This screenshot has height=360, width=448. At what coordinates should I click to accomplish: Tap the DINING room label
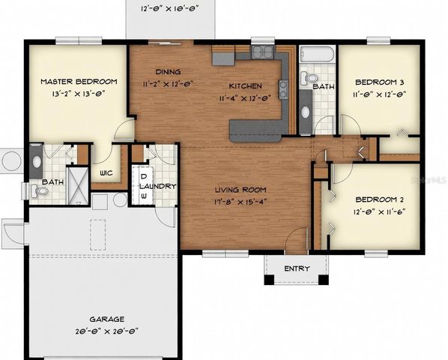coord(169,73)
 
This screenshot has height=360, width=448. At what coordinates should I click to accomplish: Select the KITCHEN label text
coord(245,85)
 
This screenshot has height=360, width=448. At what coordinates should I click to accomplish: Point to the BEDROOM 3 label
coord(380,82)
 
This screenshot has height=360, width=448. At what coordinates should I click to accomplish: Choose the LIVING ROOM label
coord(240,190)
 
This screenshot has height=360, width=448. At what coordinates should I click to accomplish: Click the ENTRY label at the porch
coord(297,268)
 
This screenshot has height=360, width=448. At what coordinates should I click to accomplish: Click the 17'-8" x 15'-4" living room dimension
coord(241,200)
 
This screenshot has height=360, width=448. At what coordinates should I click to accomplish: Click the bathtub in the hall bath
coord(318,54)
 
